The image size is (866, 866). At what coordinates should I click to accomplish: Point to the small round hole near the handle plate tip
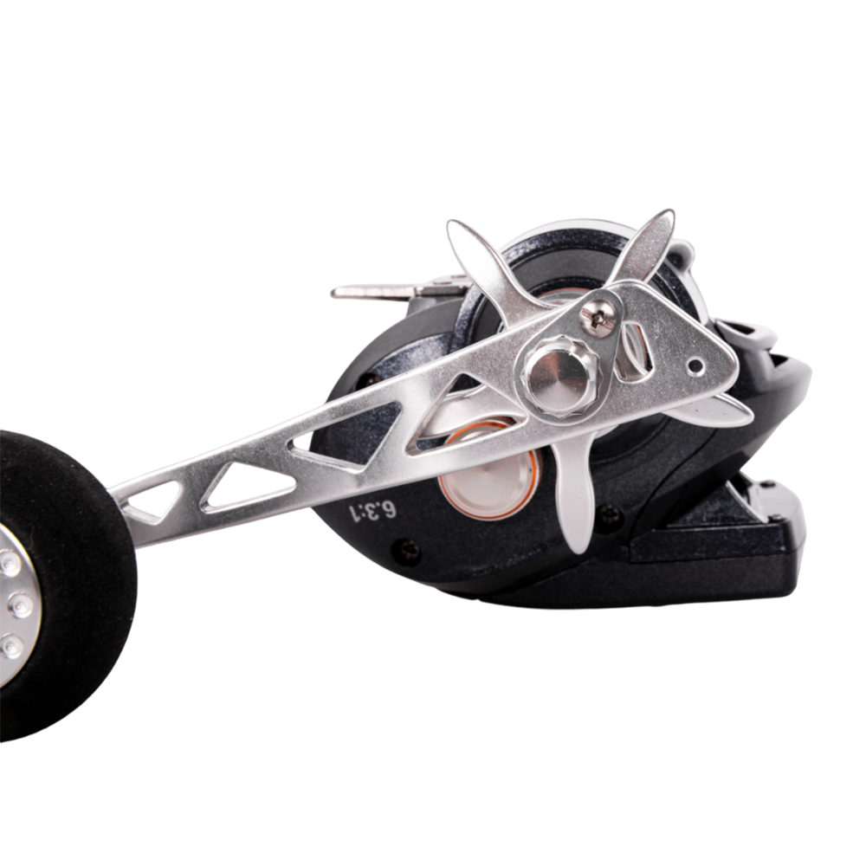[x=697, y=365]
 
